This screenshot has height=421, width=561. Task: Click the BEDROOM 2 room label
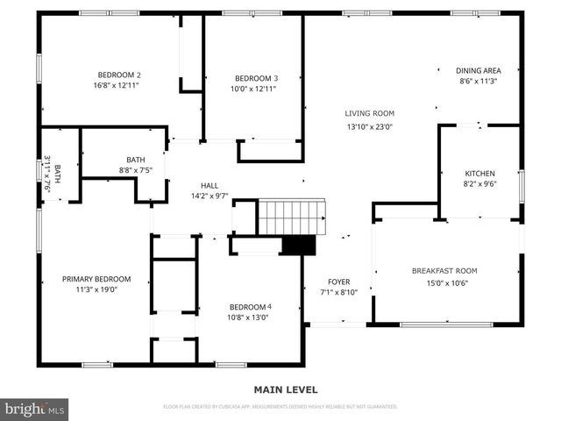click(x=119, y=75)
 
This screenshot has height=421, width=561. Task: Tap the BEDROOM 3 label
click(x=253, y=77)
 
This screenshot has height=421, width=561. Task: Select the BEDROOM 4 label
click(x=251, y=306)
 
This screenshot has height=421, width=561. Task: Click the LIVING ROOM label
click(x=369, y=113)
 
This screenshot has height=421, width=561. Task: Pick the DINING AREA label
click(x=478, y=70)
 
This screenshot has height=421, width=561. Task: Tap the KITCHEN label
click(x=479, y=174)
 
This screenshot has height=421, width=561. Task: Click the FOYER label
click(x=338, y=282)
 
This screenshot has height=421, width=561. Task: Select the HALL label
click(x=209, y=185)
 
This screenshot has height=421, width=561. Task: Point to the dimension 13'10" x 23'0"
click(x=369, y=127)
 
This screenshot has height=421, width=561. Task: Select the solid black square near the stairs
click(x=298, y=245)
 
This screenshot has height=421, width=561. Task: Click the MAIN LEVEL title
click(x=286, y=389)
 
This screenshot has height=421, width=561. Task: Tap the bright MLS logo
click(x=35, y=409)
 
